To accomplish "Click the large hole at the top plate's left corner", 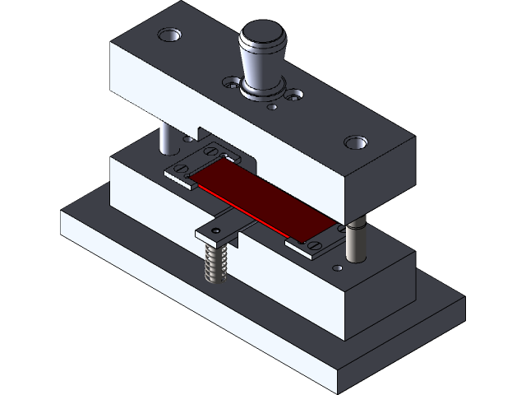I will point(170,35).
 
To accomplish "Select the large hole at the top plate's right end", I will point(355,142).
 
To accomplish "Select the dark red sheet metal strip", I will point(263,197).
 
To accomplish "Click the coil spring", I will point(215,263).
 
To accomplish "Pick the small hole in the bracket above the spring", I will point(215,234).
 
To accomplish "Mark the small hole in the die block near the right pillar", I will point(336,267).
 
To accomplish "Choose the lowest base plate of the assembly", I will point(247,329).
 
